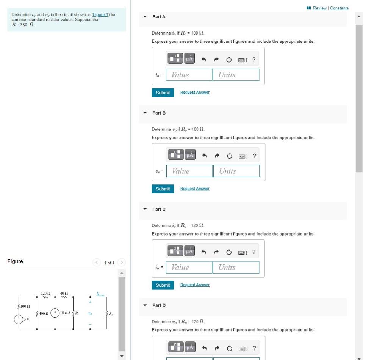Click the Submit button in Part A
coord(163,93)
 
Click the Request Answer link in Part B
coord(195,189)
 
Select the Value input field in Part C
coord(189,267)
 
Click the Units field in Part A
coord(236,75)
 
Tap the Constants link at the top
coord(339,8)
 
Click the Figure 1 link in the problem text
coord(100,14)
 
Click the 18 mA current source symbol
coord(55,313)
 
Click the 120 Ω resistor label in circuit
coord(45,293)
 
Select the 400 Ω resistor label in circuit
coord(44,314)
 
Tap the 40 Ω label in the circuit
coord(64,293)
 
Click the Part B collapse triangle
coord(145,113)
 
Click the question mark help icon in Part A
coord(254,60)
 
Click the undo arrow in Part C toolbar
coord(203,252)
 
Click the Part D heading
coord(159,305)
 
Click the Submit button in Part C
coord(163,285)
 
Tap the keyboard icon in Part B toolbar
coord(242,156)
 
